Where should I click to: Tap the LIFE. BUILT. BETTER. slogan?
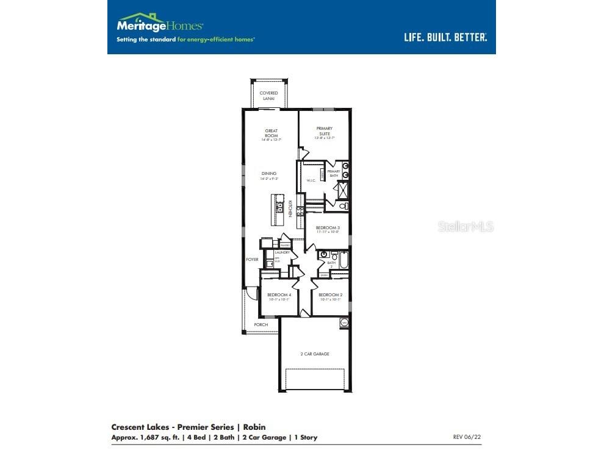point(445,37)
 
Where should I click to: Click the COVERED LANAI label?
point(268,96)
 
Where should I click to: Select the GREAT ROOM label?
point(271,134)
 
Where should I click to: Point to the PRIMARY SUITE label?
point(324,132)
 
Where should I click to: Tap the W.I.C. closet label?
point(310,180)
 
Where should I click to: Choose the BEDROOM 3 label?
point(328,229)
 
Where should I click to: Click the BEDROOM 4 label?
point(279,296)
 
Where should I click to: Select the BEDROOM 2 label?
point(330,296)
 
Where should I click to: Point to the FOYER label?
point(252,260)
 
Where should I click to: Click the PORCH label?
point(261,325)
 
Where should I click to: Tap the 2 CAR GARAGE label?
point(314,354)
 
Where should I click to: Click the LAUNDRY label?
point(282,252)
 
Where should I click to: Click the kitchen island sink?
point(279,208)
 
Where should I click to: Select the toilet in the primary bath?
point(343,206)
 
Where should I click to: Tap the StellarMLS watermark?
point(466,227)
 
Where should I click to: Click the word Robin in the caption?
point(256,427)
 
